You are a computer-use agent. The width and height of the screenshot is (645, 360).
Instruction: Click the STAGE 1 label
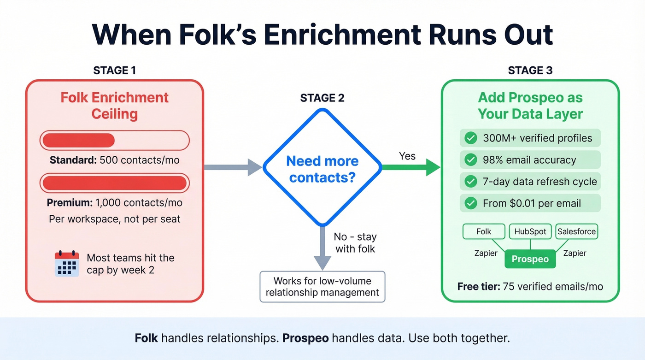click(x=114, y=71)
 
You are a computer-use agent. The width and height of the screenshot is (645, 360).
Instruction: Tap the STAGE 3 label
click(x=530, y=71)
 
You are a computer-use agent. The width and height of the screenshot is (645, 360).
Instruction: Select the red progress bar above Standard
click(x=115, y=140)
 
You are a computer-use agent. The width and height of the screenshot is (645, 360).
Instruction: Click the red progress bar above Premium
click(x=115, y=183)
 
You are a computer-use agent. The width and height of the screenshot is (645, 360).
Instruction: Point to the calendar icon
click(x=67, y=264)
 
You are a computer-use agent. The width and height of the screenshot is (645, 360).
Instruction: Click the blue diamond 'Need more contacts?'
click(x=322, y=168)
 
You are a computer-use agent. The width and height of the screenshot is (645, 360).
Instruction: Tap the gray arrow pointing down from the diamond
click(x=322, y=249)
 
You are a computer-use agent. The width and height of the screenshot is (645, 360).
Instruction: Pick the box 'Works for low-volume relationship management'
click(x=322, y=287)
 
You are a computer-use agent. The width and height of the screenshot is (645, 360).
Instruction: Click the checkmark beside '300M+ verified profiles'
click(x=470, y=138)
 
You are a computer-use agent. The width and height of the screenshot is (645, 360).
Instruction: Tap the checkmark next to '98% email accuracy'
click(x=470, y=160)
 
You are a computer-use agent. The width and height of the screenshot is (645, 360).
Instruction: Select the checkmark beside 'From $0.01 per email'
click(x=470, y=203)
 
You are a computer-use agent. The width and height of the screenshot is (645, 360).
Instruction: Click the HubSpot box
click(x=530, y=232)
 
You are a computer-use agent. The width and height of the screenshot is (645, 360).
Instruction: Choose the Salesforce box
click(x=576, y=232)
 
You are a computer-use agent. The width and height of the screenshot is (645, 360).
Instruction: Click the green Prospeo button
click(x=530, y=259)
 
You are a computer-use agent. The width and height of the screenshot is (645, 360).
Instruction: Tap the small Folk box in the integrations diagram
click(x=484, y=232)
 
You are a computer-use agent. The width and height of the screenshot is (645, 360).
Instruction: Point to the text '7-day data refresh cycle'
click(x=539, y=182)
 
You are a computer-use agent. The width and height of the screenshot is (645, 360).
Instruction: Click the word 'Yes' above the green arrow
click(x=407, y=156)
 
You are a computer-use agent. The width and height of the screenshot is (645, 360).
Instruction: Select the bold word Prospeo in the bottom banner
click(x=305, y=338)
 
